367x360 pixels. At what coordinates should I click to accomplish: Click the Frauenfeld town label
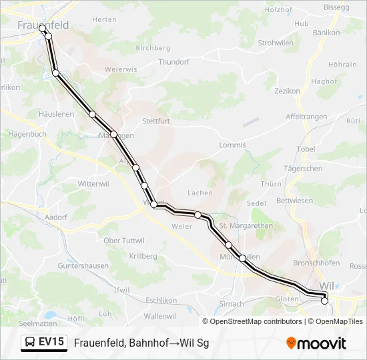(43, 25)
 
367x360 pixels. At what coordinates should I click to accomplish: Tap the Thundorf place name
(173, 62)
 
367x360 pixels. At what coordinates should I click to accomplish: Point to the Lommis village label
(232, 145)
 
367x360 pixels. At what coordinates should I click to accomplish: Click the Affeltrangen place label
(306, 117)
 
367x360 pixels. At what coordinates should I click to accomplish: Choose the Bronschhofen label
(316, 263)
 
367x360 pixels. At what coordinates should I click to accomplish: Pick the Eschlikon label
(159, 300)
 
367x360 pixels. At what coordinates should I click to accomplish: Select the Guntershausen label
(83, 265)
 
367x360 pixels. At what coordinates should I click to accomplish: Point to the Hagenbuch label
(27, 134)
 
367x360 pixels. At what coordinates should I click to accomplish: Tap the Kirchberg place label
(153, 48)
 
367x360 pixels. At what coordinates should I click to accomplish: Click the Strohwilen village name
(276, 43)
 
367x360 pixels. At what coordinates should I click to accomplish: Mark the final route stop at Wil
(325, 301)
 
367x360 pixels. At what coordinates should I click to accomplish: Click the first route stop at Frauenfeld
(42, 28)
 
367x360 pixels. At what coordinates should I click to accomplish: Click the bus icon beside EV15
(30, 342)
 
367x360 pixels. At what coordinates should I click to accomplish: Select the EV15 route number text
(51, 342)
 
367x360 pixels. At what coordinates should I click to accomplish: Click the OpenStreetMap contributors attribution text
(253, 321)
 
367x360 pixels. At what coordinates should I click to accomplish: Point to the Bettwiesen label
(294, 200)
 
